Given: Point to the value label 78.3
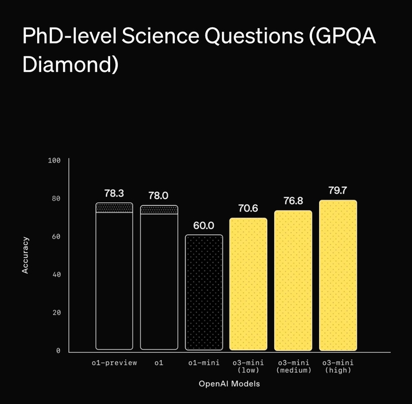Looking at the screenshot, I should tap(114, 193).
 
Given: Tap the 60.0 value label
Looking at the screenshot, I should tap(204, 225).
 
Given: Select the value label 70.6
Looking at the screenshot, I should tap(248, 208).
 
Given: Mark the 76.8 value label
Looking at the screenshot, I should tap(293, 201).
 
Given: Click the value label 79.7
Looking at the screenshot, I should tap(338, 190).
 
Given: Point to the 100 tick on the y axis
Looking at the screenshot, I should tap(54, 161).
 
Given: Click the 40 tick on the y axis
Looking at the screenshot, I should tap(57, 274).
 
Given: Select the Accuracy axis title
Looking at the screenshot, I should tap(25, 254).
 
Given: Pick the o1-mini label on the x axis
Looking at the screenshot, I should tap(204, 363).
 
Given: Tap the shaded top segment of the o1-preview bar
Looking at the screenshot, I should tap(114, 207).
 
